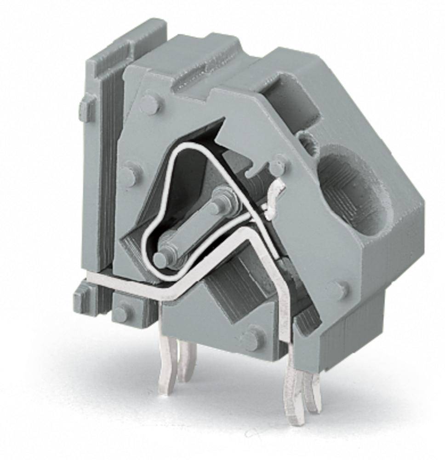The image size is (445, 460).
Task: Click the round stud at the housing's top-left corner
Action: click(x=150, y=104)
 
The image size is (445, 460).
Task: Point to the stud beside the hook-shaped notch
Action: click(x=277, y=167)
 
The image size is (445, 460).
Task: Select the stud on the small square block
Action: click(x=122, y=314)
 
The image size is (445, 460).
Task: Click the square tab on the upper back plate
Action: click(x=86, y=109)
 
